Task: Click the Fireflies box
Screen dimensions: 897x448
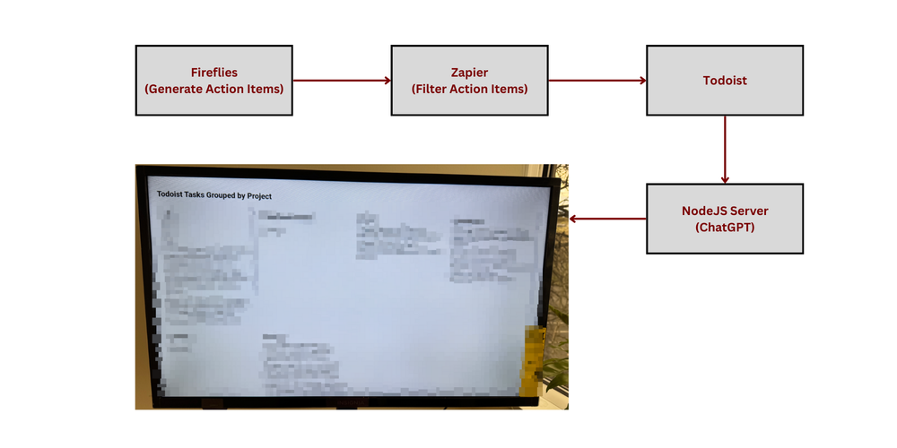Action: pos(213,81)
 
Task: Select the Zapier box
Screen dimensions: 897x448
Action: pos(469,81)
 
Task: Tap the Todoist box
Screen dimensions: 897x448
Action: pos(725,81)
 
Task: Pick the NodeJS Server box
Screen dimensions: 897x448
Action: pos(725,219)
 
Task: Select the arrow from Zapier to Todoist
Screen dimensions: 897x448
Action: pos(597,81)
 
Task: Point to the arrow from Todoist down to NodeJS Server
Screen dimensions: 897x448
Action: pos(725,149)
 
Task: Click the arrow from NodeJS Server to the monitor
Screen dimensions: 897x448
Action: pos(608,219)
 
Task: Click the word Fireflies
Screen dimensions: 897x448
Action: pos(213,72)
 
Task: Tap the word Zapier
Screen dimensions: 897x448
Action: pos(469,72)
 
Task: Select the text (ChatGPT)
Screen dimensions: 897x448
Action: pos(725,228)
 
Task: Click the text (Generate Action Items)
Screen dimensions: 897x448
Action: pos(213,89)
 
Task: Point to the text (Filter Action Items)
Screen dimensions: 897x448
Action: pos(469,89)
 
